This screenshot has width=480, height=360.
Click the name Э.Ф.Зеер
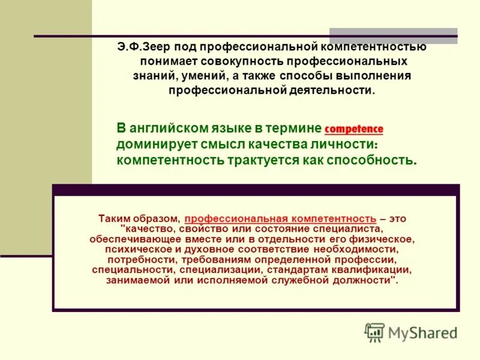pyautogui.click(x=139, y=47)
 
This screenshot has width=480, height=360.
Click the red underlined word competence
pyautogui.click(x=353, y=129)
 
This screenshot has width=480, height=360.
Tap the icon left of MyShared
pyautogui.click(x=374, y=332)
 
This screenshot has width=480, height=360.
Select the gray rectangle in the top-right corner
pyautogui.click(x=393, y=36)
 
